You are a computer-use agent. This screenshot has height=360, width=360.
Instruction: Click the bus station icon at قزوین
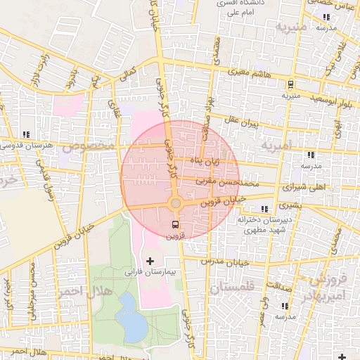click(175, 224)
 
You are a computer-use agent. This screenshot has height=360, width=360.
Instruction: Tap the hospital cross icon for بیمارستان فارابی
click(149, 261)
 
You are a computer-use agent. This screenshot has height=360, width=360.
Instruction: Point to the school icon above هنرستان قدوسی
click(26, 134)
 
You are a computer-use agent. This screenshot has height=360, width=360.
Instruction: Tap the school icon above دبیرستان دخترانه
click(264, 209)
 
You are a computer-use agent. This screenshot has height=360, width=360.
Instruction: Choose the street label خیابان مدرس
click(216, 261)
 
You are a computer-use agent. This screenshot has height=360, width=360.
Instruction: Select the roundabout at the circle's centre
click(176, 203)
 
